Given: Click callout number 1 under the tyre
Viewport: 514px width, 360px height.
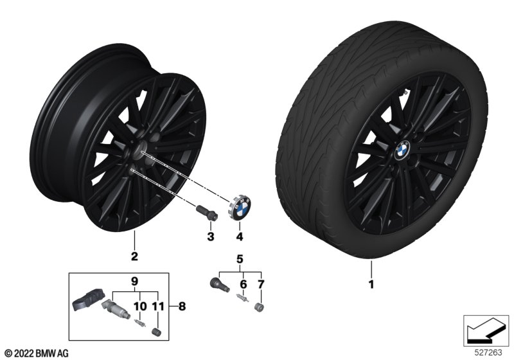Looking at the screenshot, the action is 371,284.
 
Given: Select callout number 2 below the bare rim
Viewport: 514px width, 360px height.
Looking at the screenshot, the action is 134,256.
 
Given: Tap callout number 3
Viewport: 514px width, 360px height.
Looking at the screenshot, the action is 211,237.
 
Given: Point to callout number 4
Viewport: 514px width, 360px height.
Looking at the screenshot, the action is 240,237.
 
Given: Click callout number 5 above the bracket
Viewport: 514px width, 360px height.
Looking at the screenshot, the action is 240,259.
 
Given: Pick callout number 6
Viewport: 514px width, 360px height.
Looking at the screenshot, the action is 244,284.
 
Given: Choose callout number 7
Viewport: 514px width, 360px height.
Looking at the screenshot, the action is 261,284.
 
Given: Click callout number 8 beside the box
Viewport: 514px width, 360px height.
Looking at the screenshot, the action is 182,306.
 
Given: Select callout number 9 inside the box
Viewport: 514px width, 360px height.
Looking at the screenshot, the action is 134,282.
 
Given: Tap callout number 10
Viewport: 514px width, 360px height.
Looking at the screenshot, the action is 140,306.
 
